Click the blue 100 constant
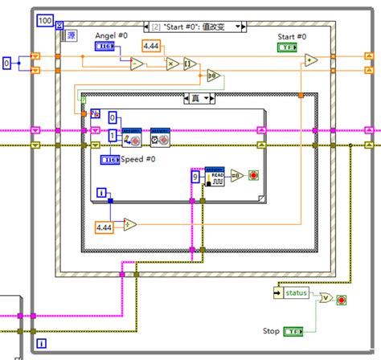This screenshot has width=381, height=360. tap(46, 18)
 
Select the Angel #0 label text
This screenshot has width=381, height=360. tap(110, 36)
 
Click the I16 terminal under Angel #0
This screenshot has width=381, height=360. tap(106, 48)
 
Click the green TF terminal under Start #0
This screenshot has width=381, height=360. tap(287, 48)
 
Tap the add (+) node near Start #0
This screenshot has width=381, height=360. tap(310, 59)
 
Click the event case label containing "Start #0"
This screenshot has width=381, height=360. tap(193, 27)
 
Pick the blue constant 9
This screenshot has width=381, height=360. tap(195, 176)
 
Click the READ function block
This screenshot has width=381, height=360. tap(215, 178)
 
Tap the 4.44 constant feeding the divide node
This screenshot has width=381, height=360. tap(105, 228)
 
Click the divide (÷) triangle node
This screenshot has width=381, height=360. tap(130, 225)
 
